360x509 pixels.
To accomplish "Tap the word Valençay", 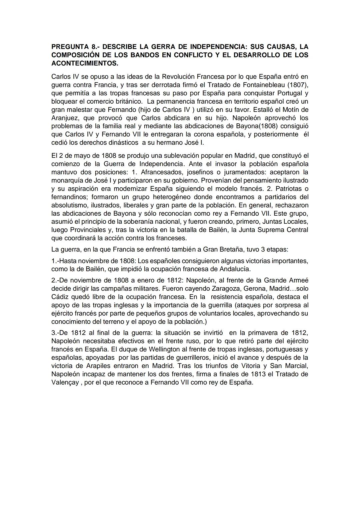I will pos(65,382).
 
